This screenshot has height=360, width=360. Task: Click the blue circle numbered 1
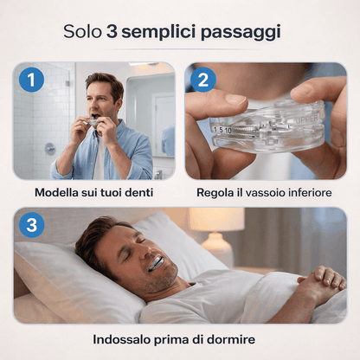pos(31,80)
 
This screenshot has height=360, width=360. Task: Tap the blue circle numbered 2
pos(203,80)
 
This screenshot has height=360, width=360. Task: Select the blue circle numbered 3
pos(31,225)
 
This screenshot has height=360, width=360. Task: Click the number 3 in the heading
pos(112,31)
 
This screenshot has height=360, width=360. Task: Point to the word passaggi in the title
pos(241,32)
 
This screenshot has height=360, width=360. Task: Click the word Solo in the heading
pos(82,31)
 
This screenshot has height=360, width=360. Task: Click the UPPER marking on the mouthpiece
pos(306,119)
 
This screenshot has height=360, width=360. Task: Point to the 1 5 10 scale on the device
pos(222,130)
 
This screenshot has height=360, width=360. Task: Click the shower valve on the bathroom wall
pos(50,149)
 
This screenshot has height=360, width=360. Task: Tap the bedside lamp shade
pos(216,219)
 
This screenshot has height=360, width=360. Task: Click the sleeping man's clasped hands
pos(322,280)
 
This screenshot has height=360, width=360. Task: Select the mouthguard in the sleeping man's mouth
pos(156,264)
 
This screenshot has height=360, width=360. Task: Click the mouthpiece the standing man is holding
pos(93,122)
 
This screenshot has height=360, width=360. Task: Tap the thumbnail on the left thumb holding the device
pos(236,100)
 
